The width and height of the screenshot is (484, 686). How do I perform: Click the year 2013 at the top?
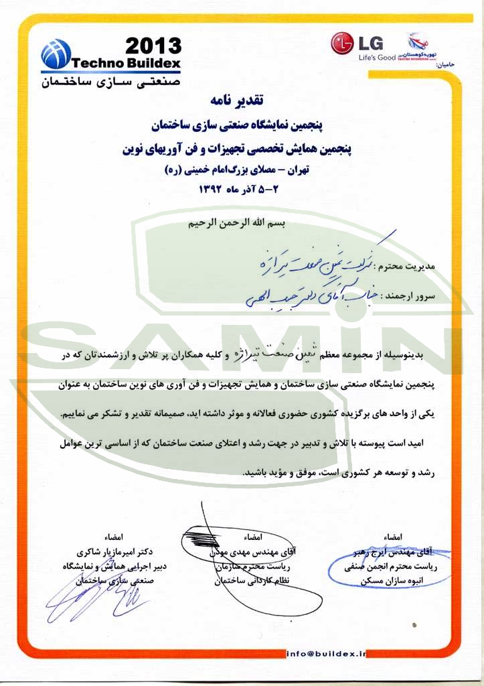click(x=153, y=46)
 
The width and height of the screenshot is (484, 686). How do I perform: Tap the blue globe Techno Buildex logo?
click(x=56, y=54)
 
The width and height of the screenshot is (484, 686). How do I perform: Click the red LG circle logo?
click(x=343, y=44)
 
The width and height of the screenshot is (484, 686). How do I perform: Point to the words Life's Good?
click(x=377, y=58)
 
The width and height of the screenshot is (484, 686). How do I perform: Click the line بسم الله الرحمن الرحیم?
click(x=237, y=223)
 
